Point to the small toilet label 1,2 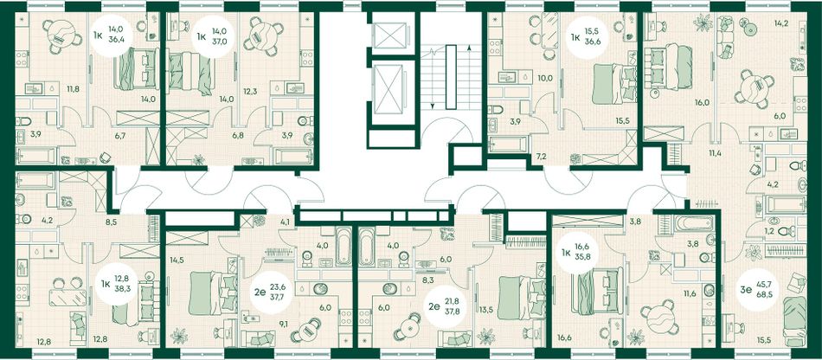point(754,231)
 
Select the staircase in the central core point(451,77)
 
